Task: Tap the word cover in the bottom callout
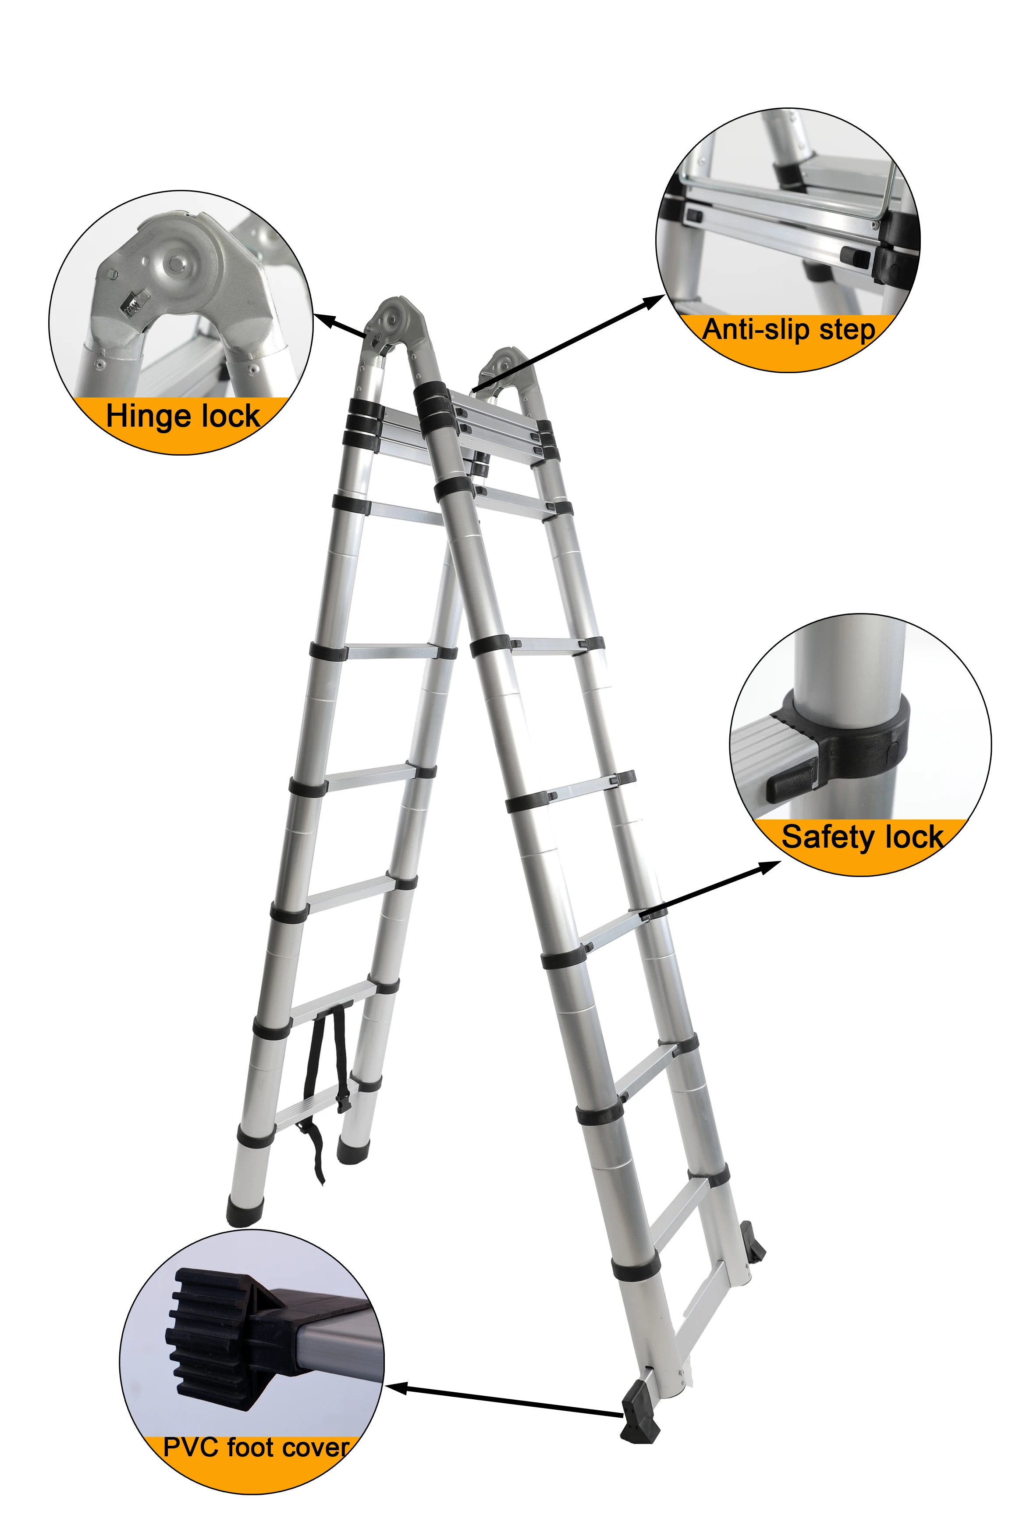point(317,1448)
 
